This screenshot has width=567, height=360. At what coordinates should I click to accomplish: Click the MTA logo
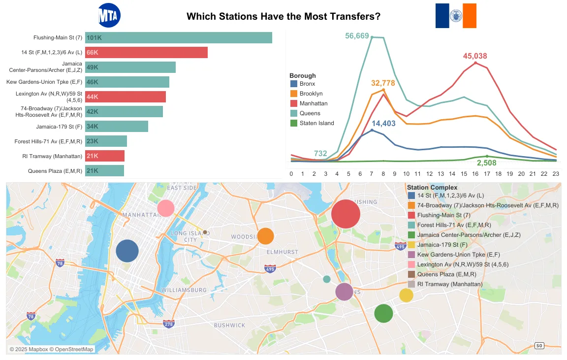pos(109,15)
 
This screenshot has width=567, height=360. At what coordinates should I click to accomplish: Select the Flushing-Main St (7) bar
pos(179,38)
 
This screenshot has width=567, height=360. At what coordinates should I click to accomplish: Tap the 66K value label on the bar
pos(93,53)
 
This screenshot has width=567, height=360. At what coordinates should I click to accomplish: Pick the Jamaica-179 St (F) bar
pos(117,127)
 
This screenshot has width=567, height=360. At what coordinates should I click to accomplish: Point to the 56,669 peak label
pos(357,36)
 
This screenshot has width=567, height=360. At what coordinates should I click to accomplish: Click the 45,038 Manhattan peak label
pos(475,56)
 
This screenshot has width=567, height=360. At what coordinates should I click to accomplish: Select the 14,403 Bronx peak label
pos(383,124)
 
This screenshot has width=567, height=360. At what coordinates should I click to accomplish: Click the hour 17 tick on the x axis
pos(487,173)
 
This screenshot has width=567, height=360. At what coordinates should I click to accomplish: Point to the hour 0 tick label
pos(291,173)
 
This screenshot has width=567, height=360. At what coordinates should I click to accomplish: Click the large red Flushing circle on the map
pos(346,214)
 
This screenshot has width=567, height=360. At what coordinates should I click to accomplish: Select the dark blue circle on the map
pos(127,251)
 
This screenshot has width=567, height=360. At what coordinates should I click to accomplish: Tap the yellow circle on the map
pos(406,295)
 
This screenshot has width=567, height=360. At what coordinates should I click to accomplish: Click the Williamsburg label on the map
pos(184,290)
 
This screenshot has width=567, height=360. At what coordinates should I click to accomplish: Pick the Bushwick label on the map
pos(229,325)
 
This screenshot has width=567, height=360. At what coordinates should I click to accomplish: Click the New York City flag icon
pos(456,16)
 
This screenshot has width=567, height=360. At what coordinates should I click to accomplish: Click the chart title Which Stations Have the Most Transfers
pos(283,16)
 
